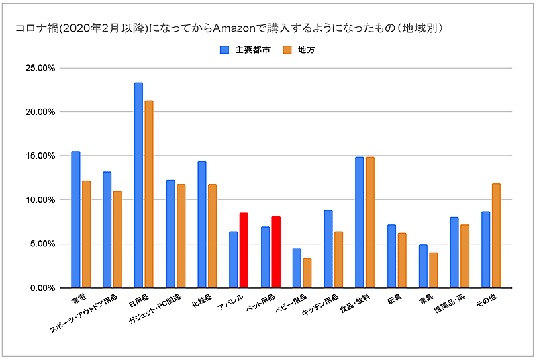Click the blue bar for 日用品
(138, 185)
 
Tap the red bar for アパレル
(244, 251)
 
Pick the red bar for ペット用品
(275, 253)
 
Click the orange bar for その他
(496, 236)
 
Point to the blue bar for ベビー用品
(296, 268)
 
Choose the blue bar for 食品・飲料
(360, 222)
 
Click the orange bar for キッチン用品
(338, 260)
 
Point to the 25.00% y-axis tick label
(38, 68)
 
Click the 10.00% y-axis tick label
(38, 200)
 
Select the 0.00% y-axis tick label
(40, 288)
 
